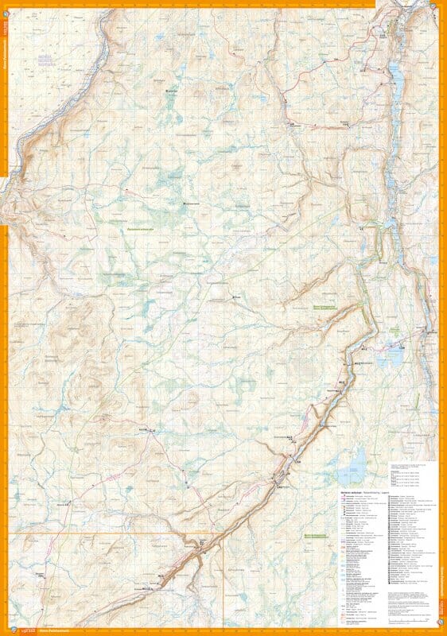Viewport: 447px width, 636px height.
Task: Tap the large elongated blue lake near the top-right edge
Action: point(393,73)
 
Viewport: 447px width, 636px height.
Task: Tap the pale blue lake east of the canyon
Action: point(390,355)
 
